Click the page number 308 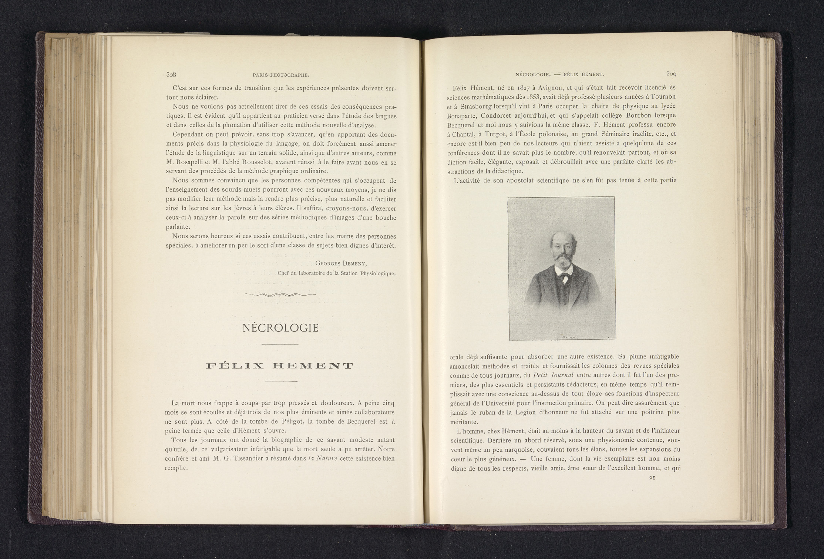(171, 85)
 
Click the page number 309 (671, 85)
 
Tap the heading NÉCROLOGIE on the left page (280, 328)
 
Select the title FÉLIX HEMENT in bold (280, 366)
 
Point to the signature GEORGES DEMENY (341, 263)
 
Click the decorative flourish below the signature (280, 294)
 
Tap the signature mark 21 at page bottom (652, 478)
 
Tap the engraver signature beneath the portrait (570, 337)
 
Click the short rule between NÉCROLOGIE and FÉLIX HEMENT (280, 344)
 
